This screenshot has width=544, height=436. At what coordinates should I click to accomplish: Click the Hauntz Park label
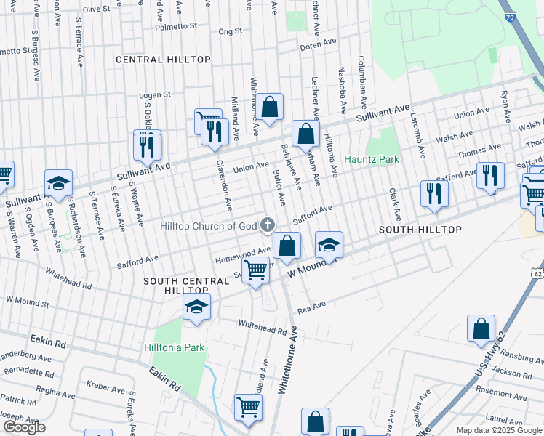click(372, 158)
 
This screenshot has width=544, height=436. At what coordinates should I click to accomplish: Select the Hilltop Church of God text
click(209, 226)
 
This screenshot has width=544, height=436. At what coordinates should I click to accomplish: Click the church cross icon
click(268, 225)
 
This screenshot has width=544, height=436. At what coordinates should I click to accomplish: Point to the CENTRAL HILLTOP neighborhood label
click(163, 60)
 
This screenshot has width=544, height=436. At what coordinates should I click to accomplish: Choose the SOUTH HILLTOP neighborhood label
click(420, 230)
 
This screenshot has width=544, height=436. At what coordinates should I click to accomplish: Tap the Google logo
click(24, 427)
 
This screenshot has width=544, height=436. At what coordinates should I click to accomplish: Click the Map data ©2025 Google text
click(499, 430)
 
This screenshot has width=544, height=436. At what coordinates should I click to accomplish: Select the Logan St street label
click(155, 94)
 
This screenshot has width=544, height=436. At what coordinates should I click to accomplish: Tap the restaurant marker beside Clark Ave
click(434, 193)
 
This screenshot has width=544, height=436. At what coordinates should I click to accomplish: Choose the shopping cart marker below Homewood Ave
click(255, 271)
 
